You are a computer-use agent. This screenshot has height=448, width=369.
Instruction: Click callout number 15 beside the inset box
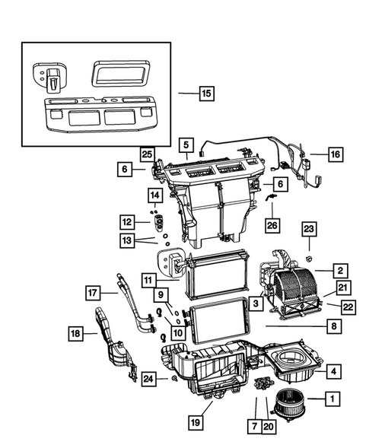click(205, 94)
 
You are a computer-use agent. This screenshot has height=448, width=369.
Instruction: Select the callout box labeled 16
click(335, 154)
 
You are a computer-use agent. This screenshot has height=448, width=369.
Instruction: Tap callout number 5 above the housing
click(185, 143)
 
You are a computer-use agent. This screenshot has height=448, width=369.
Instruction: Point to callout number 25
click(147, 154)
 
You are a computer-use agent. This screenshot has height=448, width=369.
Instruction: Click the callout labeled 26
click(272, 225)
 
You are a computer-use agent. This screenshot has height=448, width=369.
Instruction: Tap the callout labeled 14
click(154, 195)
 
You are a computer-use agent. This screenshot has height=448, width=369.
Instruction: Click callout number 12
click(126, 222)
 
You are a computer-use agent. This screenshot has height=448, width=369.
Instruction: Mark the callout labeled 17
click(92, 291)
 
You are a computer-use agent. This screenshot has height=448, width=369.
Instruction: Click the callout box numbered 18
click(77, 333)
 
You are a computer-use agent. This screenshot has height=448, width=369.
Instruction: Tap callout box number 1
click(331, 397)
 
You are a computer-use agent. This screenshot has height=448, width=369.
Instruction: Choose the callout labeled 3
click(257, 303)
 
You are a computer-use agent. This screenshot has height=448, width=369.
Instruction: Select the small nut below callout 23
click(309, 260)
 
